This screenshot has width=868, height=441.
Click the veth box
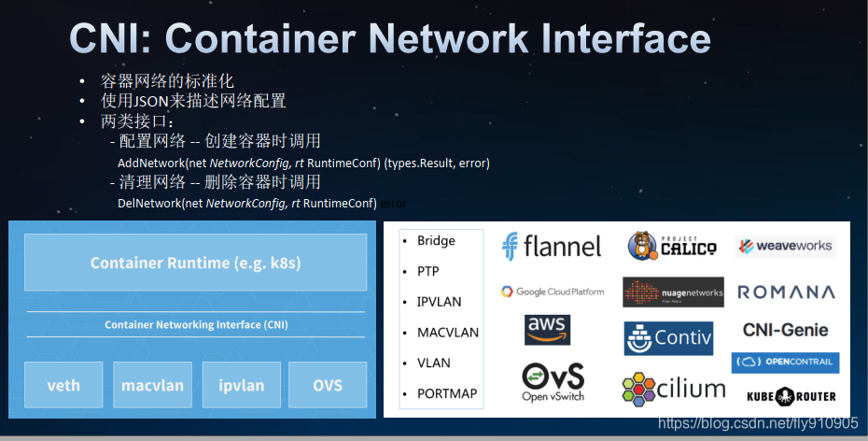63,385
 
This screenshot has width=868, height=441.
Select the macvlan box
152,385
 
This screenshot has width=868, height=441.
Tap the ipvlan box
242,385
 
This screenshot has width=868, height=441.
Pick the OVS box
328,385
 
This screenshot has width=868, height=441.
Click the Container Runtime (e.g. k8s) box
195,263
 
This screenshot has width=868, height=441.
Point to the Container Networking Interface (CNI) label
195,325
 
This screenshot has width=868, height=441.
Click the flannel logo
552,246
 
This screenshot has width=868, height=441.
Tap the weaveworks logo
784,247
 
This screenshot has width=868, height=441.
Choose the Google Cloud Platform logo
553,292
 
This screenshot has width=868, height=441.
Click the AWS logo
547,329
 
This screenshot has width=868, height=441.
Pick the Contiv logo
668,337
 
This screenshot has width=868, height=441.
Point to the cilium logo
673,389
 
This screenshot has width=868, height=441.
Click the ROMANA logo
786,292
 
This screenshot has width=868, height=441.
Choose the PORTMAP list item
447,393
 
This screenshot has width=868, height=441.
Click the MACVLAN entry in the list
448,332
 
